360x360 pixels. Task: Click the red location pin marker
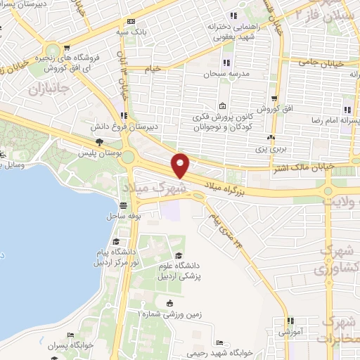pos(181,165)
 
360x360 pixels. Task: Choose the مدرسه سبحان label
pos(223,73)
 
